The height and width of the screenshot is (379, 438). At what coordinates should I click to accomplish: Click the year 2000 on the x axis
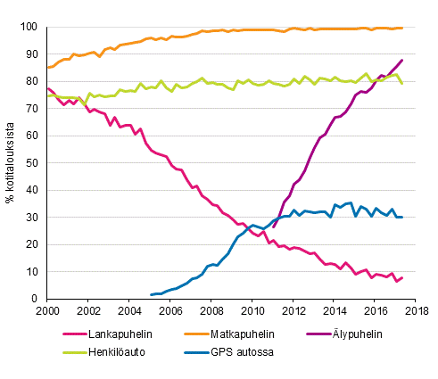[48, 311]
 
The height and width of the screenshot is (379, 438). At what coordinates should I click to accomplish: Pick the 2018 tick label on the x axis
[417, 311]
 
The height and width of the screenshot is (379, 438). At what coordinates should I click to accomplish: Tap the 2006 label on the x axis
[171, 311]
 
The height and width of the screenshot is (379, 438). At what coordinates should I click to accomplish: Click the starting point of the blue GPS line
[151, 294]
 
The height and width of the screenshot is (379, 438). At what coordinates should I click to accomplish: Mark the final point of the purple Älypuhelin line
[402, 60]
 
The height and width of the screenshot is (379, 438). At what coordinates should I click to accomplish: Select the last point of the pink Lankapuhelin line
[402, 277]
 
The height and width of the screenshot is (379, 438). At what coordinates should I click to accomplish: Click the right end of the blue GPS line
[402, 217]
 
